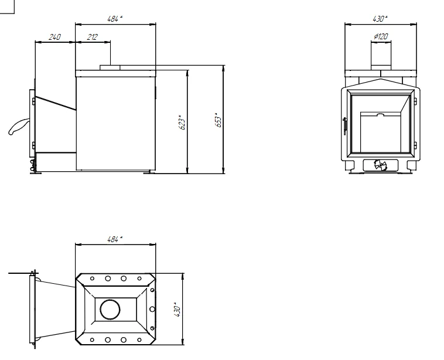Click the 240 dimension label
pos(55,37)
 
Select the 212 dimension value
pos(93,37)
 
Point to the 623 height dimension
pos(182,122)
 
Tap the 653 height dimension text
pos(218,120)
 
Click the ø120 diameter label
pos(381,36)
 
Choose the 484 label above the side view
pos(115,19)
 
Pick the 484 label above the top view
pos(115,239)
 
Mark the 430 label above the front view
pos(380,19)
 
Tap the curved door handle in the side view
pos(18,127)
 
